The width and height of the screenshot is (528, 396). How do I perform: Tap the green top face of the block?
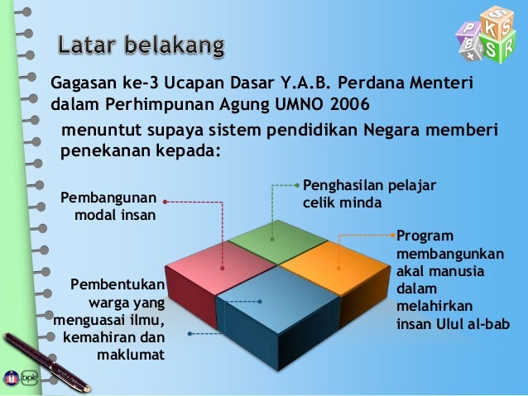pos(276,239)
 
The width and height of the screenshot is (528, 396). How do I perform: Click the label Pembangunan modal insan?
pos(108,208)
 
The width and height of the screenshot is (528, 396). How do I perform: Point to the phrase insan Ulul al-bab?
pos(454,322)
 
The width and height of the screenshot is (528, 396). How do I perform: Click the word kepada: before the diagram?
pos(182,151)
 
